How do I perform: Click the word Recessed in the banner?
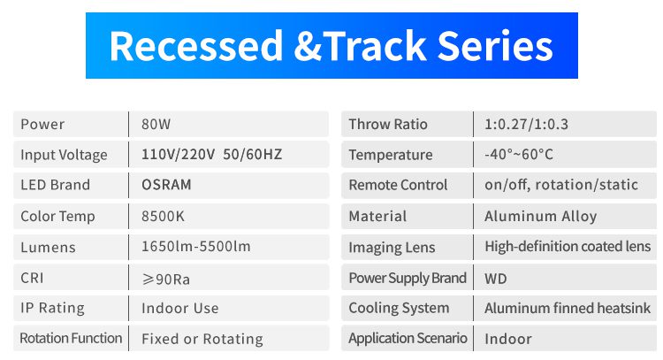tap(196, 46)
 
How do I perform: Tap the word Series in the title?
tap(495, 46)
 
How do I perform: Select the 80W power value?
tap(156, 125)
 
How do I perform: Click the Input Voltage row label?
tap(64, 156)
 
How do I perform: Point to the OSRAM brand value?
tap(166, 185)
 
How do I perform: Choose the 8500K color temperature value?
tap(163, 217)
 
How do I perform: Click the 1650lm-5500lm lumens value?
tap(195, 247)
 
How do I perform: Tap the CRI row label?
tap(32, 278)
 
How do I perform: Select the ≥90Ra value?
tap(166, 280)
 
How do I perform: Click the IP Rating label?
tap(52, 308)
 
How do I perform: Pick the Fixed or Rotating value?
tap(202, 339)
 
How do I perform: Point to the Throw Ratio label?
tap(388, 125)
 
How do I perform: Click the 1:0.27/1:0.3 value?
tap(527, 125)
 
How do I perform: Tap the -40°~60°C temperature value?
tap(519, 155)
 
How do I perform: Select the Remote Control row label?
tap(398, 185)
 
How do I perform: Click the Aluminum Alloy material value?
tap(541, 217)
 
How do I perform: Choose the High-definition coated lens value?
tap(568, 247)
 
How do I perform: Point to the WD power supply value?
tap(496, 279)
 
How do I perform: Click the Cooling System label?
tap(399, 309)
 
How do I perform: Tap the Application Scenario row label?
tap(408, 339)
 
